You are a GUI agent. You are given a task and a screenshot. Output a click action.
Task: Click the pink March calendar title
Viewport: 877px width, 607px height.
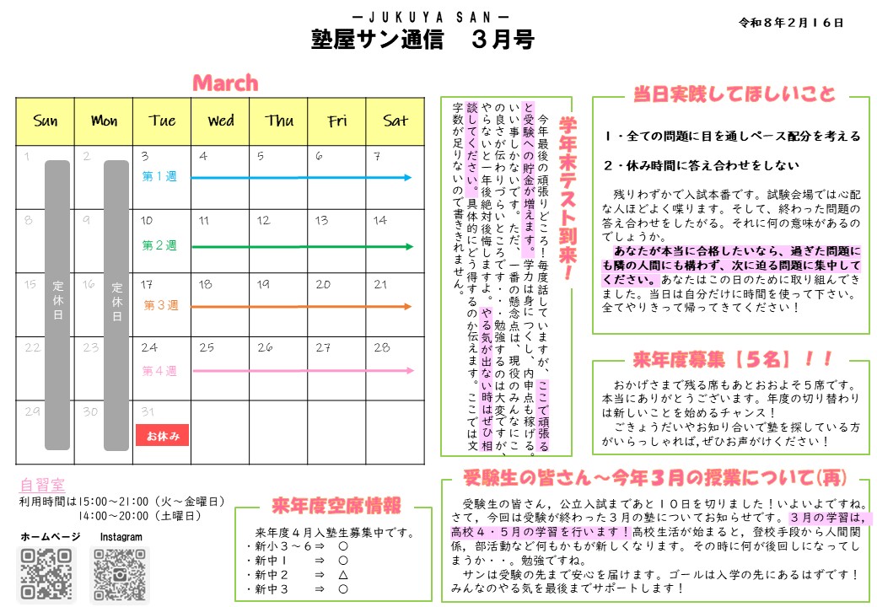pyautogui.click(x=225, y=83)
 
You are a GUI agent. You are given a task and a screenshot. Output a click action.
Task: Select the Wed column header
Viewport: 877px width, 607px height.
pyautogui.click(x=220, y=121)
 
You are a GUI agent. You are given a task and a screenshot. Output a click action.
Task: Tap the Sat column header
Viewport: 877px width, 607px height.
pyautogui.click(x=395, y=121)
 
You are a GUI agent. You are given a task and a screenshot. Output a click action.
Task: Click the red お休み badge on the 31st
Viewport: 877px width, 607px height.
pyautogui.click(x=162, y=435)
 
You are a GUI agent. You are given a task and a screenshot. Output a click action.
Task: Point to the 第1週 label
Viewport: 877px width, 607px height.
pyautogui.click(x=159, y=177)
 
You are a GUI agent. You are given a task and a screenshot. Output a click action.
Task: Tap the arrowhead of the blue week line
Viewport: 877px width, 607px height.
pyautogui.click(x=408, y=178)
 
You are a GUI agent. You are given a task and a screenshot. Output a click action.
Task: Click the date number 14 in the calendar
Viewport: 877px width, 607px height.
pyautogui.click(x=380, y=221)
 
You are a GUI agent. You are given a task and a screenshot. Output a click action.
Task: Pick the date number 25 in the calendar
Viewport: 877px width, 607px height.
pyautogui.click(x=207, y=347)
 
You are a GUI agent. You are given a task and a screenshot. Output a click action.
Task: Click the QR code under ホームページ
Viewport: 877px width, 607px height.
pyautogui.click(x=47, y=575)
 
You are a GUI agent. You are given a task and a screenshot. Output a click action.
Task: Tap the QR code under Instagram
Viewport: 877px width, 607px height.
pyautogui.click(x=120, y=575)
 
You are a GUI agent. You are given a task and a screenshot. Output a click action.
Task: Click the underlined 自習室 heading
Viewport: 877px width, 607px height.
pyautogui.click(x=42, y=486)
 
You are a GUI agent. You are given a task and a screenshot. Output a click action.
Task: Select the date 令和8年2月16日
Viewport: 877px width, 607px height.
pyautogui.click(x=790, y=23)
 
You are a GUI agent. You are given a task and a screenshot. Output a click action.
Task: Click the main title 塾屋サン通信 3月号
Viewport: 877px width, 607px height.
pyautogui.click(x=422, y=40)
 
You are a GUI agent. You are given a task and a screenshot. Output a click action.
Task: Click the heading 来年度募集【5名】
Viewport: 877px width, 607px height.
pyautogui.click(x=724, y=359)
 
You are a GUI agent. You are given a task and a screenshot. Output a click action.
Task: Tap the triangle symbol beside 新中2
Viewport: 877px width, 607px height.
pyautogui.click(x=343, y=574)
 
